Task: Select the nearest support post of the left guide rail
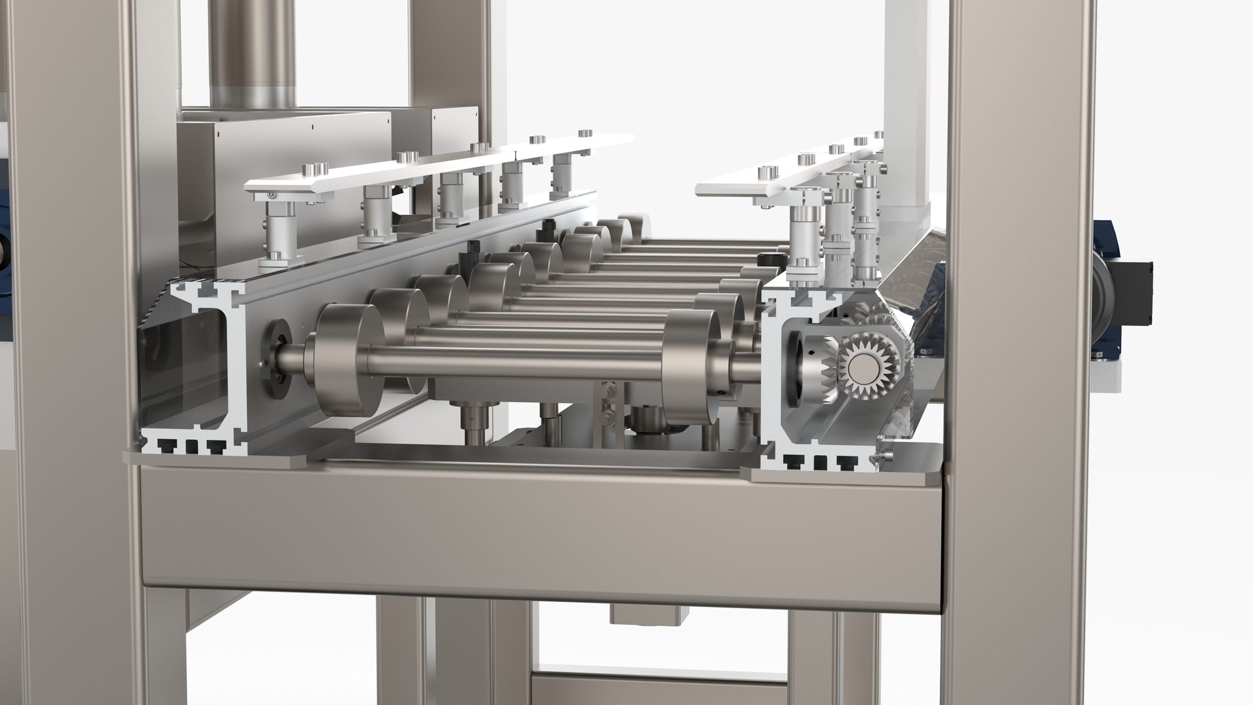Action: tap(277, 232)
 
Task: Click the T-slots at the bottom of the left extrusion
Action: tap(186, 446)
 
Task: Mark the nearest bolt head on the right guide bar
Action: tap(762, 172)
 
